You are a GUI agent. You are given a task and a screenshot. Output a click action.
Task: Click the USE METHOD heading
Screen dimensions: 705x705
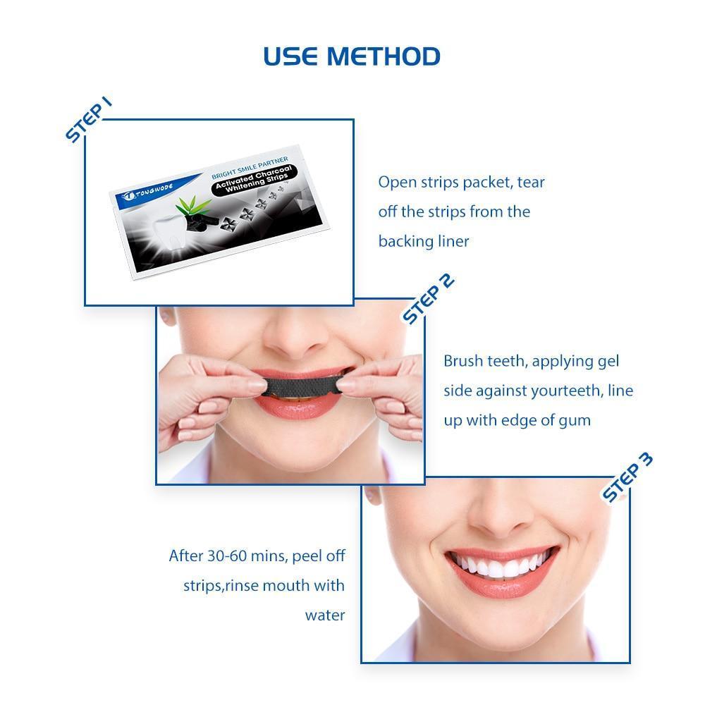coord(352,56)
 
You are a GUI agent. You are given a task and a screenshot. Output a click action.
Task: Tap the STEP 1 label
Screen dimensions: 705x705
coord(88,120)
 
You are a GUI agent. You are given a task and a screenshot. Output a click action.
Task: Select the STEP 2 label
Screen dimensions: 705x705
coord(428,299)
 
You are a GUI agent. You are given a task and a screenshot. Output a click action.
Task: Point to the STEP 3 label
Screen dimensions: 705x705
coord(627,477)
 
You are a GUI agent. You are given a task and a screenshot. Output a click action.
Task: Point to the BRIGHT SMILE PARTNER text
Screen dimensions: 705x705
coord(250,167)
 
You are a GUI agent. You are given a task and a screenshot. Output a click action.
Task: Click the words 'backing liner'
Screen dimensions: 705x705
coord(424,241)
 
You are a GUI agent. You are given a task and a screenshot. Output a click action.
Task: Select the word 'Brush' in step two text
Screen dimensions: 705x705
coord(464,360)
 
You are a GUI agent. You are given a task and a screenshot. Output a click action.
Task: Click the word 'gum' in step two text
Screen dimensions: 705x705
coord(575,421)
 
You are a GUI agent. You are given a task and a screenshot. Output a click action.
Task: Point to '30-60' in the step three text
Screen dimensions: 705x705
coord(226,556)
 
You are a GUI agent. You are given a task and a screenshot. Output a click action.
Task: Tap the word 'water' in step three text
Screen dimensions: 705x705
coord(324,615)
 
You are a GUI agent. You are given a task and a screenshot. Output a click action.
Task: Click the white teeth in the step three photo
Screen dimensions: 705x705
coord(501,564)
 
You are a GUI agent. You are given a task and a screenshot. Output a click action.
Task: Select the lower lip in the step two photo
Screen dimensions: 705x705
coord(298,410)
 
